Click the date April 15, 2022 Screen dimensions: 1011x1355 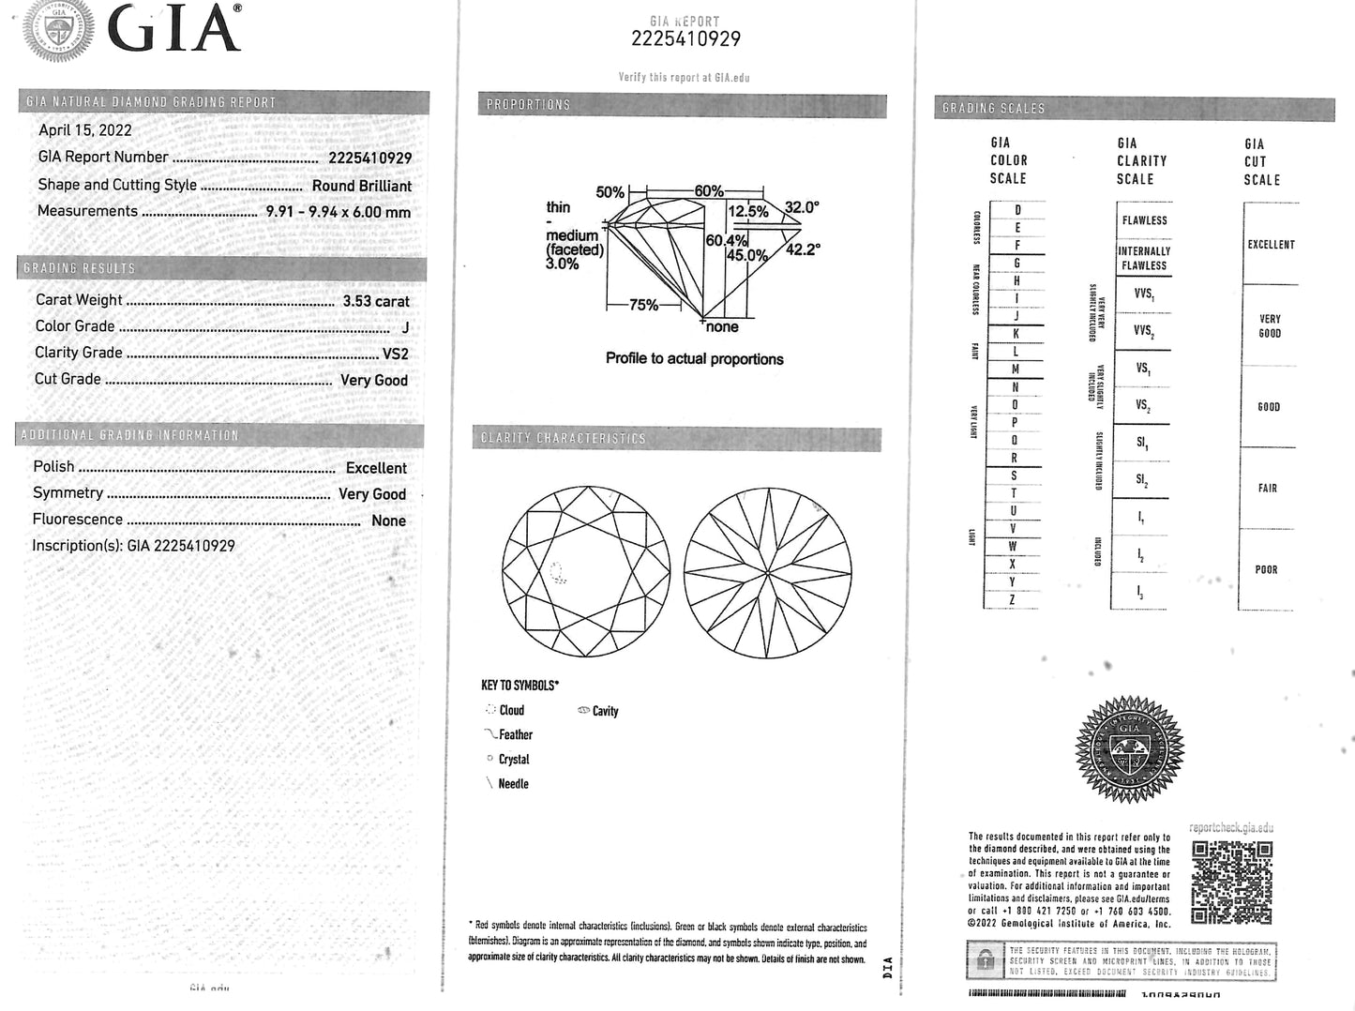[x=85, y=130]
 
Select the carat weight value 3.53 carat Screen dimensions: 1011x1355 [x=376, y=301]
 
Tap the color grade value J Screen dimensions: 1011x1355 [x=405, y=327]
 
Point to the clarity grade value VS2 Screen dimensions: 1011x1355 [x=395, y=354]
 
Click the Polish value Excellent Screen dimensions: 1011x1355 [x=376, y=468]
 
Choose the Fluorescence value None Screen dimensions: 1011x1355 [x=388, y=521]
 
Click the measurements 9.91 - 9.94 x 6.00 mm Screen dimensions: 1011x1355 [x=338, y=212]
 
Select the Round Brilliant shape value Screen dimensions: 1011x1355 [x=362, y=186]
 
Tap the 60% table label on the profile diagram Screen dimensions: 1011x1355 [x=708, y=191]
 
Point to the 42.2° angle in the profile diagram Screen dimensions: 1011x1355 [x=803, y=249]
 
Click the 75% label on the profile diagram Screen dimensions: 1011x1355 [x=643, y=305]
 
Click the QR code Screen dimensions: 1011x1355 [x=1232, y=883]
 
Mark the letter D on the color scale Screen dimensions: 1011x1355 [x=1017, y=210]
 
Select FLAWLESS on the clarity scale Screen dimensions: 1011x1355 [x=1144, y=220]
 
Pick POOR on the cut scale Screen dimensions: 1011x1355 [x=1266, y=569]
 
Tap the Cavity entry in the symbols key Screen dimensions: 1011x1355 [x=605, y=711]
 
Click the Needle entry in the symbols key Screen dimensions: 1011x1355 [x=513, y=784]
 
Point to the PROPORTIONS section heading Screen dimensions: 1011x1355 [x=528, y=105]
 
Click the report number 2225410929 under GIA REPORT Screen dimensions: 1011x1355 [x=685, y=38]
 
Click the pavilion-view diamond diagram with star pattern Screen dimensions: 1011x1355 [x=768, y=571]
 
